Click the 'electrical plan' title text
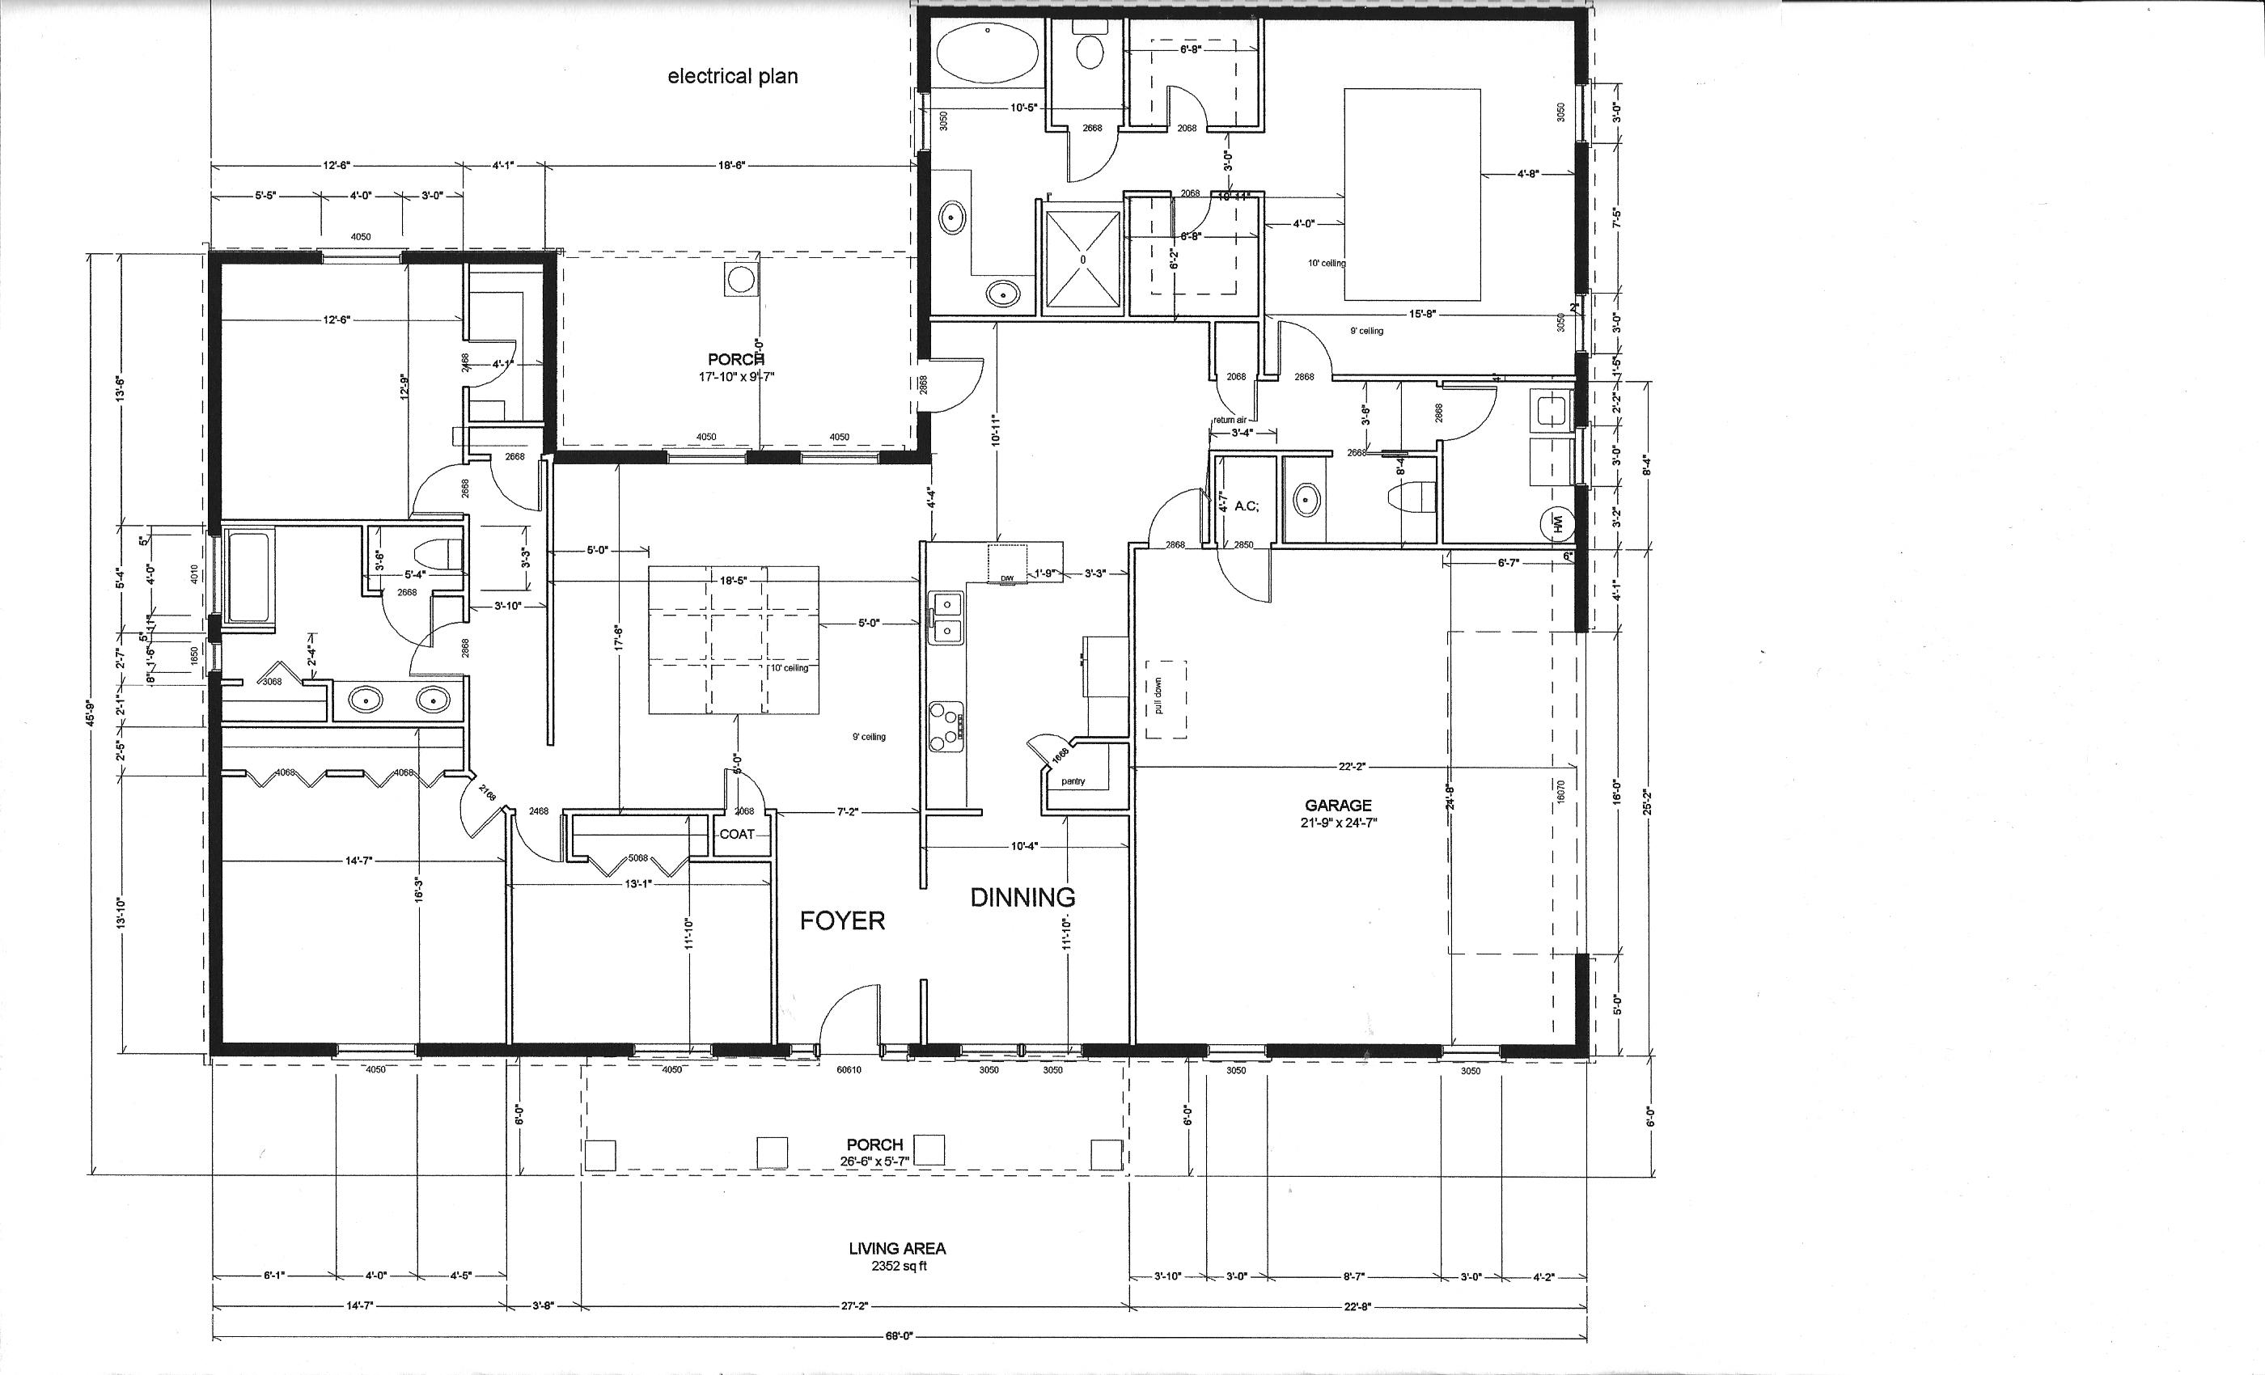pyautogui.click(x=733, y=76)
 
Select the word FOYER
pyautogui.click(x=842, y=921)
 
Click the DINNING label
pyautogui.click(x=1022, y=898)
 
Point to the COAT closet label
pyautogui.click(x=736, y=835)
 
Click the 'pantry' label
pyautogui.click(x=1073, y=781)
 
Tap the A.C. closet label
pyautogui.click(x=1247, y=506)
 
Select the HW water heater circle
pyautogui.click(x=1557, y=524)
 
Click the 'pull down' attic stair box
pyautogui.click(x=1165, y=699)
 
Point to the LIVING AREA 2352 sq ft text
pyautogui.click(x=896, y=1256)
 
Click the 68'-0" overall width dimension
pyautogui.click(x=899, y=1337)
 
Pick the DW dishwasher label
pyautogui.click(x=1006, y=578)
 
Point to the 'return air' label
pyautogui.click(x=1229, y=420)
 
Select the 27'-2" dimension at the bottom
pyautogui.click(x=854, y=1306)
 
